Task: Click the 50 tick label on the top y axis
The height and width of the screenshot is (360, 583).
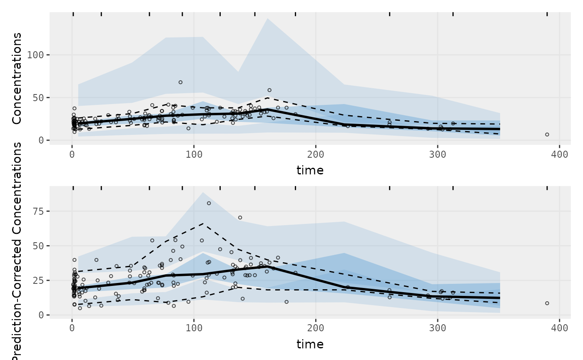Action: tap(38, 97)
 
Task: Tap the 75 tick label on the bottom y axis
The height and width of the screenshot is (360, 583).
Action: tap(38, 211)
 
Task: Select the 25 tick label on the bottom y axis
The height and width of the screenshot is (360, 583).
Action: tap(38, 281)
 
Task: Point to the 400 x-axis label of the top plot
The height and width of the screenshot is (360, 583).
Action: tap(559, 154)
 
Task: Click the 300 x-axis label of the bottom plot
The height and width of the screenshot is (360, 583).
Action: tap(438, 328)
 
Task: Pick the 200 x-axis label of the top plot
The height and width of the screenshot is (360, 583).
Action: tap(316, 154)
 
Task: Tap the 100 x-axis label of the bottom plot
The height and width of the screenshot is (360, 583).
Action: tap(194, 328)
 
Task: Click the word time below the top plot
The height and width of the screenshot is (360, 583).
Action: tap(310, 170)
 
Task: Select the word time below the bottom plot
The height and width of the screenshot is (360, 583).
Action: tap(310, 344)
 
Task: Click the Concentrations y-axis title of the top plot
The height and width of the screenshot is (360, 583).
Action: tap(16, 78)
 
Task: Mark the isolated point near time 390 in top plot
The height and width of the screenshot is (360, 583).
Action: tap(547, 134)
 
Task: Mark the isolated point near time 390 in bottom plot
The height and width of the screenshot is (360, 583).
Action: tap(547, 303)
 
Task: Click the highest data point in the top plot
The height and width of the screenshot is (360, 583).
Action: tap(180, 82)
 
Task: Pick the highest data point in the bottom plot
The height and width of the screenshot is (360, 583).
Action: tap(209, 203)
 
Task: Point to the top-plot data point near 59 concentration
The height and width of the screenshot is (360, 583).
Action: tap(269, 90)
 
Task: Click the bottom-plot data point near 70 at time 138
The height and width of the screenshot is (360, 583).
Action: tap(240, 217)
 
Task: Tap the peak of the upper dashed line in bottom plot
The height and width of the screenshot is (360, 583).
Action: tap(203, 223)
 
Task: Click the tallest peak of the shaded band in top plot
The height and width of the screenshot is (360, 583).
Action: tap(267, 18)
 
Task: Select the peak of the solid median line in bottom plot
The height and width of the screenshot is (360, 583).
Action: tap(267, 266)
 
